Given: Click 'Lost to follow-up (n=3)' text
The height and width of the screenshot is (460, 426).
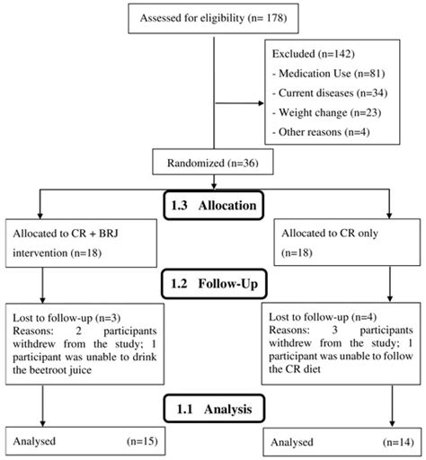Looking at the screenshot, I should coord(57,319).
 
